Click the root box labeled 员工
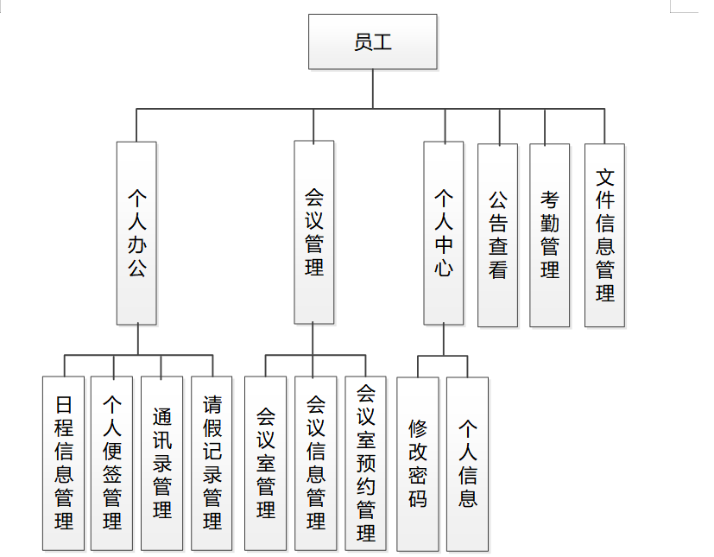(x=373, y=41)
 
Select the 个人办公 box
(x=136, y=233)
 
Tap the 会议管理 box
(x=313, y=232)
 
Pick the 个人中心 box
(x=444, y=233)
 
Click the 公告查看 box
(x=497, y=235)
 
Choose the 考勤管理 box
(x=550, y=235)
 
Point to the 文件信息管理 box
(x=604, y=235)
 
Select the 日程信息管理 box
(x=64, y=464)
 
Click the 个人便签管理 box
(x=112, y=464)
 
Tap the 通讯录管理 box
(x=162, y=464)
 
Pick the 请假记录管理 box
(x=212, y=464)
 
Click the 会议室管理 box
(x=266, y=464)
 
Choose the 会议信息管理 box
(x=316, y=464)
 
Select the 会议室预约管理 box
(x=366, y=464)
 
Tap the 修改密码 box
(x=418, y=464)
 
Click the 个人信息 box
(x=468, y=464)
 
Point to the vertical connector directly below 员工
(x=373, y=88)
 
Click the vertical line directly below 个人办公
(x=137, y=339)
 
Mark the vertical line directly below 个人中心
(x=444, y=339)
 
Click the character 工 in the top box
(x=382, y=41)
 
